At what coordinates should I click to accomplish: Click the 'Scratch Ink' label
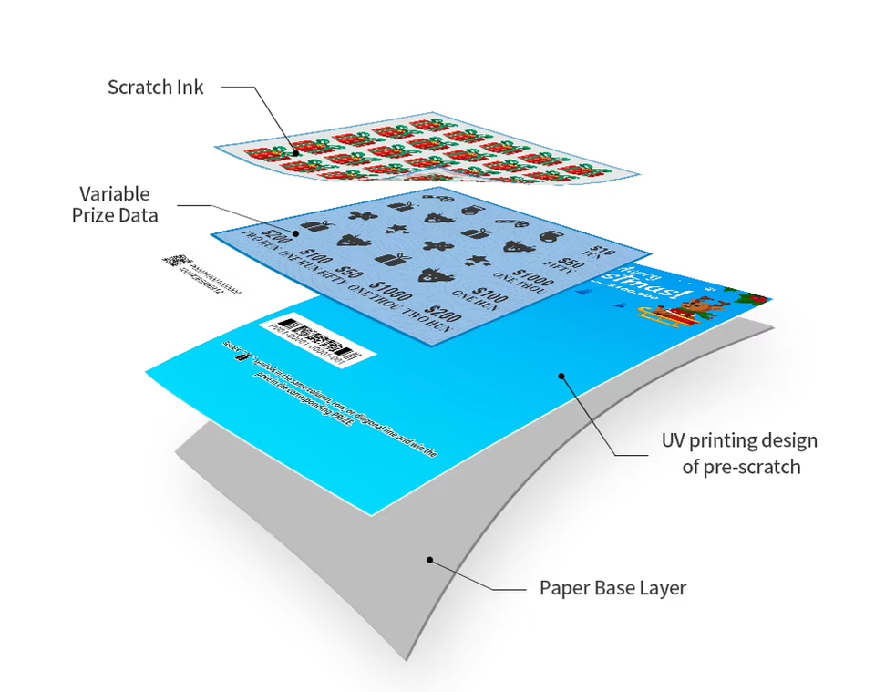pyautogui.click(x=155, y=88)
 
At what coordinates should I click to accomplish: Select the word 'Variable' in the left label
pyautogui.click(x=115, y=193)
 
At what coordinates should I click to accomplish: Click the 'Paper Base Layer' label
pyautogui.click(x=612, y=587)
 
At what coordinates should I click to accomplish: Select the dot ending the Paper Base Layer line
pyautogui.click(x=427, y=560)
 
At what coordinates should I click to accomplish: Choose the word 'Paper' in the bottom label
pyautogui.click(x=564, y=587)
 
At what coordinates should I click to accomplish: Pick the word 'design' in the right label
pyautogui.click(x=787, y=441)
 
